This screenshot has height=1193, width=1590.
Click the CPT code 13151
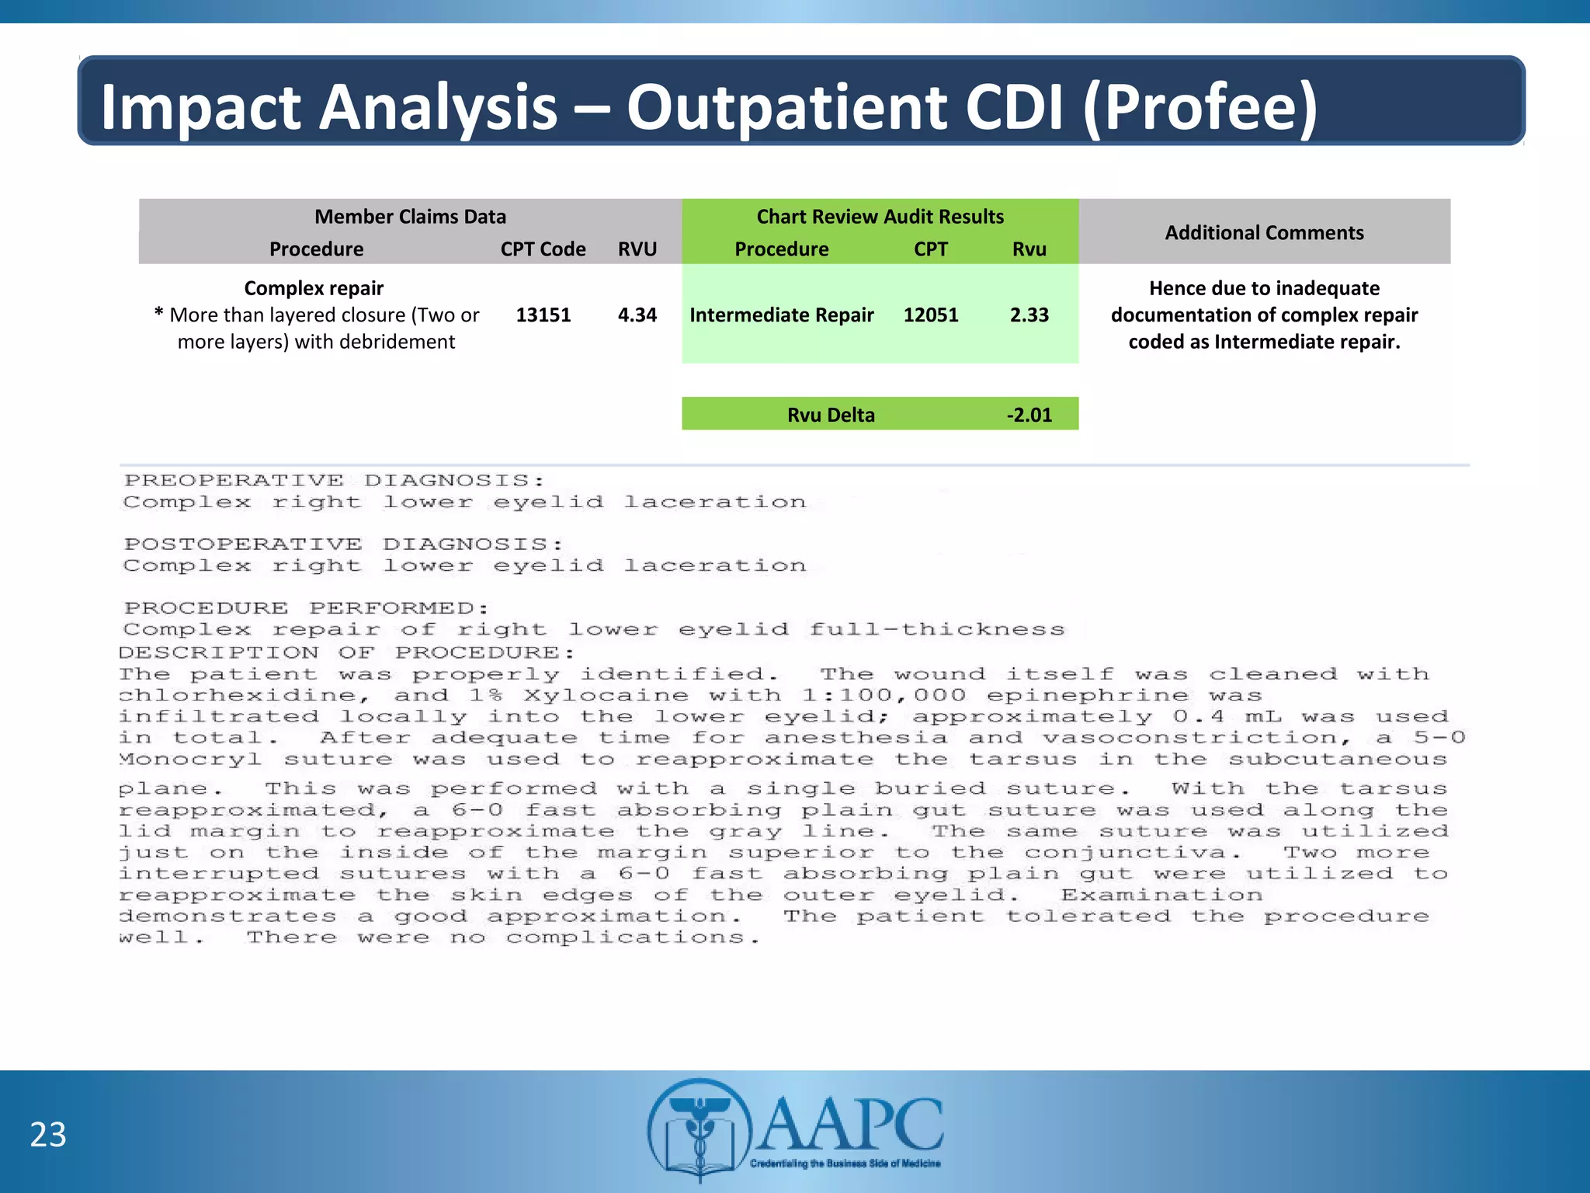pos(543,315)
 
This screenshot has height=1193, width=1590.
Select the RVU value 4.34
pos(637,315)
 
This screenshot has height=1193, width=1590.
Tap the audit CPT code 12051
pos(930,315)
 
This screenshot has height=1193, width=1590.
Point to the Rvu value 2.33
pos(1029,315)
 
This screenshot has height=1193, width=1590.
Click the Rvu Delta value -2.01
pos(1029,415)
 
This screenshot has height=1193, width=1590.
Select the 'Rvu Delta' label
pos(831,415)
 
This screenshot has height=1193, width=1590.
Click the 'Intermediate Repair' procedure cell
pos(781,315)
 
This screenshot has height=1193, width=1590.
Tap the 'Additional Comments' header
pos(1263,232)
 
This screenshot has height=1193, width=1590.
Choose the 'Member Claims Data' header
pos(410,216)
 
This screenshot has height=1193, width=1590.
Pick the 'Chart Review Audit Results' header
pos(880,216)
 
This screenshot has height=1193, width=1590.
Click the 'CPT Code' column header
pos(543,249)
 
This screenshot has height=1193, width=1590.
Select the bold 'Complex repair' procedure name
pos(314,288)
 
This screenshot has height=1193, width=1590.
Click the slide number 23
pos(48,1135)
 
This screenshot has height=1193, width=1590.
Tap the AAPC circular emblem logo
pos(700,1129)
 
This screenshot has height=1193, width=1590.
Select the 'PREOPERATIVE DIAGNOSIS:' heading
pos(334,481)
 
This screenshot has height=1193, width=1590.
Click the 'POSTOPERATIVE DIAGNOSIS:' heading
pos(343,544)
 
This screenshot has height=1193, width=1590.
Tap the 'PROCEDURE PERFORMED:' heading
pos(307,608)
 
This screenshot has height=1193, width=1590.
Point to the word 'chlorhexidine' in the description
pos(239,696)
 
